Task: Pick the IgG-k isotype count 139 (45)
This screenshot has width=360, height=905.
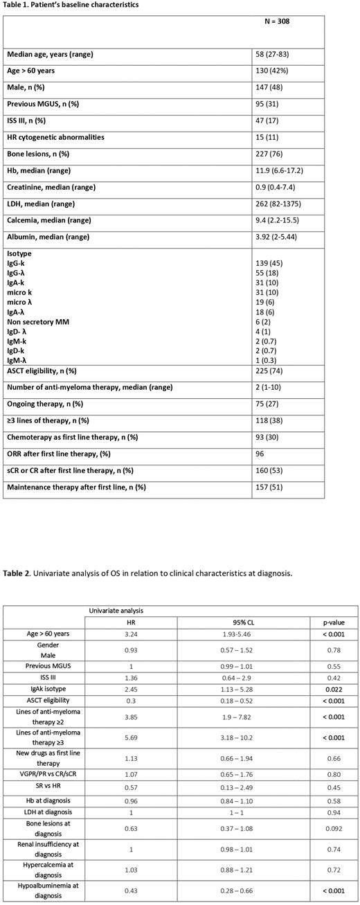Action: coord(272,264)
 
